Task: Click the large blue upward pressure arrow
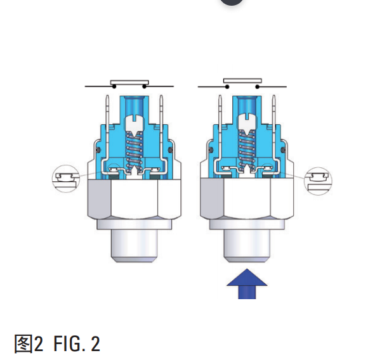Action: point(247,285)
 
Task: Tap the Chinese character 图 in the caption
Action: point(23,344)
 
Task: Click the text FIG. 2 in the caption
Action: point(77,344)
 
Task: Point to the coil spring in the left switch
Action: point(134,150)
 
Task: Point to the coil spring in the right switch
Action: point(247,150)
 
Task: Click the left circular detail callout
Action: point(66,179)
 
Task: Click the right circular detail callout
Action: point(318,181)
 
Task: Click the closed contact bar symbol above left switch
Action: point(129,82)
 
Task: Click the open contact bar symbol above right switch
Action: point(242,80)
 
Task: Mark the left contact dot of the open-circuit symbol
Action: point(227,87)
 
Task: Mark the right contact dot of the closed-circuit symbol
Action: point(144,86)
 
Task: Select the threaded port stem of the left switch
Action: point(134,246)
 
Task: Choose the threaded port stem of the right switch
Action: point(247,246)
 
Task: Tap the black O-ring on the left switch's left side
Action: point(98,150)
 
